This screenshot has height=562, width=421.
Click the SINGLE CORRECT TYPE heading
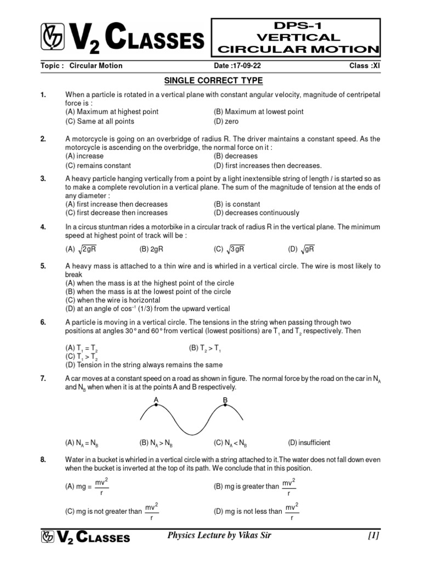coord(214,81)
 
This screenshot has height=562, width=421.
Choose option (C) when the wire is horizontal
coord(113,300)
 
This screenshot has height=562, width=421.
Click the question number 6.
coord(43,322)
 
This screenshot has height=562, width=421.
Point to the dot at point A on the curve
coord(156,406)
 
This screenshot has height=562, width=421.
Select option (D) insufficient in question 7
coord(309,443)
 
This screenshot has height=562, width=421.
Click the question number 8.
coord(43,459)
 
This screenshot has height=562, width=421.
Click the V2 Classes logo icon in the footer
coord(48,537)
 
